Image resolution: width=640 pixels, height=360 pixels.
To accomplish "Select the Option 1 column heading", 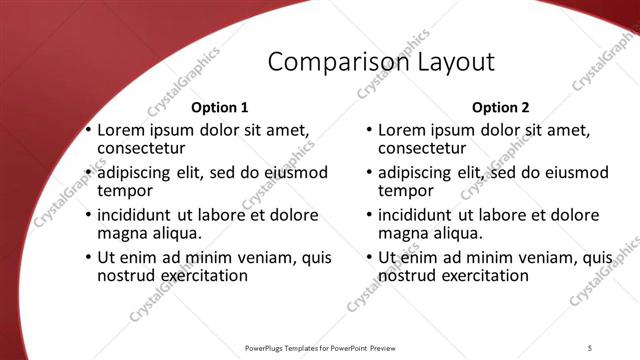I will (x=219, y=107).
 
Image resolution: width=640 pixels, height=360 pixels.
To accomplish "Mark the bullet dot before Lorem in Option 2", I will (x=369, y=131).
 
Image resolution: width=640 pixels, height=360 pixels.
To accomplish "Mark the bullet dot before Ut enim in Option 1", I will (x=89, y=257).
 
